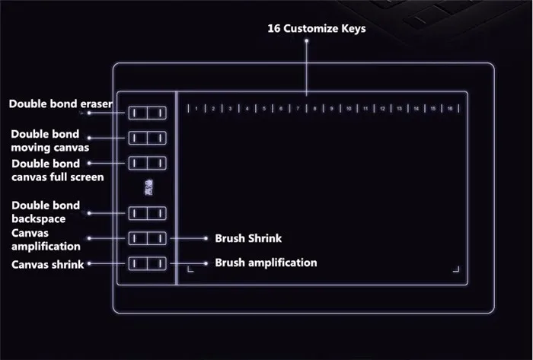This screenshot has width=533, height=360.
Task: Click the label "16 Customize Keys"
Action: point(316,29)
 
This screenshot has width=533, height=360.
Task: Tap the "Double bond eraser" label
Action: point(61,104)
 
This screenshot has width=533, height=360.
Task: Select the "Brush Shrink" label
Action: point(248,238)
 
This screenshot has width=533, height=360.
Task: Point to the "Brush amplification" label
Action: point(266,263)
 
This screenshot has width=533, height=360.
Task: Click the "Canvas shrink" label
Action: point(47,265)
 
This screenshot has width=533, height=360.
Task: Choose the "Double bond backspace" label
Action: point(45,212)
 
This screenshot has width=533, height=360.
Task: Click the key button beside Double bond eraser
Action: point(147,113)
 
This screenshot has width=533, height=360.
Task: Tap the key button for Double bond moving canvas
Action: point(147,138)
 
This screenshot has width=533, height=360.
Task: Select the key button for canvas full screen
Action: point(147,163)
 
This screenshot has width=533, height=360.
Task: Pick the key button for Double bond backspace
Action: point(147,213)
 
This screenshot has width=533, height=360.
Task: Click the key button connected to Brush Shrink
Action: point(147,238)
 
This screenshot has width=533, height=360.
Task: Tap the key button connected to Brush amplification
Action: point(147,263)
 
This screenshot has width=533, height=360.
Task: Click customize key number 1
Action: point(196,109)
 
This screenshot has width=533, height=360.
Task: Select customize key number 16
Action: point(451,109)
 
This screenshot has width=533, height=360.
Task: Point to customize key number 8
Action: point(315,109)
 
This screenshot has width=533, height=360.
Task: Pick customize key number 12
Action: point(383,109)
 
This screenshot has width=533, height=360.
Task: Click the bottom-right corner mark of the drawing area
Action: point(457,269)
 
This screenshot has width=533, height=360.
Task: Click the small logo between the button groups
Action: point(148,187)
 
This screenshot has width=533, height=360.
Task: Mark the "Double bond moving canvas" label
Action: point(49,140)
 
